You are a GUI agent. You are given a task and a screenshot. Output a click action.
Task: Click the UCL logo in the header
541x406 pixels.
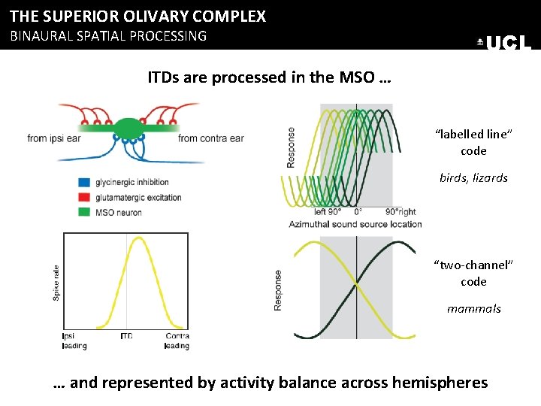pyautogui.click(x=505, y=43)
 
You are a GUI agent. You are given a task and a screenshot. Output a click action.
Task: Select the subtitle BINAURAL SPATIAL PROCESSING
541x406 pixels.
pyautogui.click(x=107, y=35)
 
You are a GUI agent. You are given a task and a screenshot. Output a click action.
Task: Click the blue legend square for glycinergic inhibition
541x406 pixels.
pyautogui.click(x=83, y=182)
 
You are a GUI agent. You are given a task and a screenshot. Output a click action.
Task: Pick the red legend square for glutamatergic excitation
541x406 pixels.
pyautogui.click(x=83, y=197)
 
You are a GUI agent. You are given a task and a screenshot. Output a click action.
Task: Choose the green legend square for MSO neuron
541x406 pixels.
pyautogui.click(x=83, y=212)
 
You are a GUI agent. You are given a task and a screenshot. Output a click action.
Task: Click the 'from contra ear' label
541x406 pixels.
pyautogui.click(x=211, y=138)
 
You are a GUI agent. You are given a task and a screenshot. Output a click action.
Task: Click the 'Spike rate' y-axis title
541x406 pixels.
pyautogui.click(x=55, y=283)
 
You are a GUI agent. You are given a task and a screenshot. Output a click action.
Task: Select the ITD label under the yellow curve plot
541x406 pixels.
pyautogui.click(x=125, y=336)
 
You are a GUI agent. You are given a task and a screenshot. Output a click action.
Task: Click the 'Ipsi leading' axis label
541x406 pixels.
pyautogui.click(x=74, y=341)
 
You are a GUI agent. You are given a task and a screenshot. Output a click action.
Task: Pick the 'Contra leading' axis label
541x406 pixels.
pyautogui.click(x=177, y=341)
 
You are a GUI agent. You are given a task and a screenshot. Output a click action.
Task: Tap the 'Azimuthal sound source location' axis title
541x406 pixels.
pyautogui.click(x=355, y=224)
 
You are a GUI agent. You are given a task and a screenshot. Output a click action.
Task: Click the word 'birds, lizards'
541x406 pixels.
pyautogui.click(x=473, y=178)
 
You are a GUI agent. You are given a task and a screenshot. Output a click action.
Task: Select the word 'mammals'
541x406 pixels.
pyautogui.click(x=473, y=309)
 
